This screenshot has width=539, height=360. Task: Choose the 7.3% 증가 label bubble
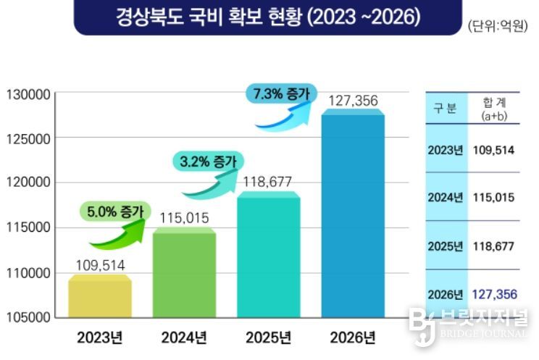point(280,93)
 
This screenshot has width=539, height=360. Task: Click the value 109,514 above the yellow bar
point(100,265)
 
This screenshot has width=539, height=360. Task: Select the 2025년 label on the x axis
point(268,338)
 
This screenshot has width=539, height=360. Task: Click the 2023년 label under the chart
point(100,338)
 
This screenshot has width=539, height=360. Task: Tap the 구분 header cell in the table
point(445,109)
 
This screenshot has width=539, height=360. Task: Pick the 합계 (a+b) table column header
point(493,109)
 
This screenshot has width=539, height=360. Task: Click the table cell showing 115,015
point(493,198)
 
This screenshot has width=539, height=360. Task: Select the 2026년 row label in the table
point(445,294)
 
